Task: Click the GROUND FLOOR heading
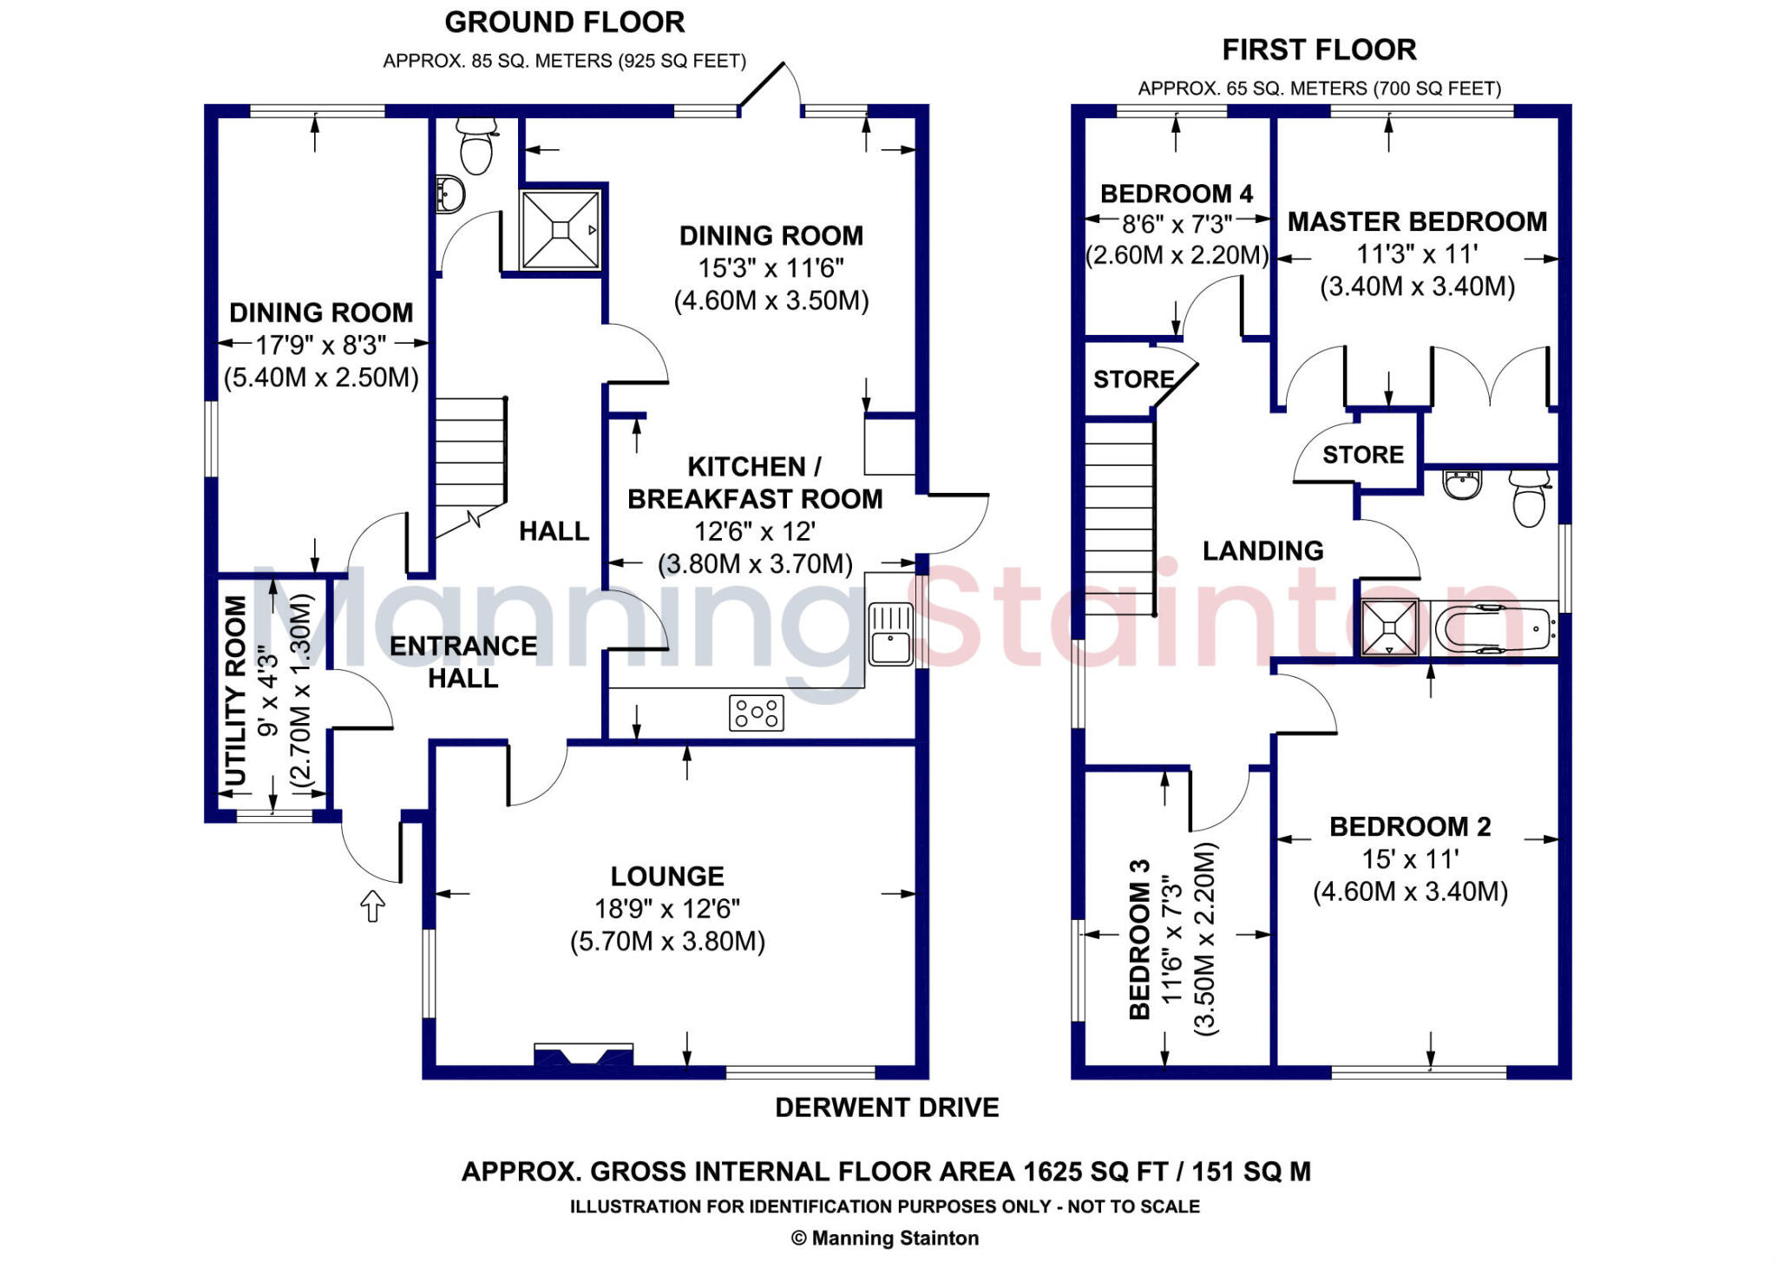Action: coord(564,23)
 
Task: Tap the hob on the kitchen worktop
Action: coord(757,713)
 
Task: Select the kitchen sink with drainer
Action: coord(890,634)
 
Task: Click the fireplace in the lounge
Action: coord(583,1055)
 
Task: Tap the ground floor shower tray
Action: coord(561,229)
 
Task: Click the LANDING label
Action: coord(1262,550)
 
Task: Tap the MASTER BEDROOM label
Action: coord(1417,222)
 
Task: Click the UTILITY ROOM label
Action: coord(236,691)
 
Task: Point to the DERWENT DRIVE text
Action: coord(887,1108)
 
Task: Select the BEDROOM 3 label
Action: coord(1139,939)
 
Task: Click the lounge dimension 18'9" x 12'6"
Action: coord(666,909)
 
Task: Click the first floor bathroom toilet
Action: coord(1529,498)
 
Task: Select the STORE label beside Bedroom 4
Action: coord(1133,379)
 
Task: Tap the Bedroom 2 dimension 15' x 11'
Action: coord(1410,859)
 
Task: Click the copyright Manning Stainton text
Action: coord(885,1239)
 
